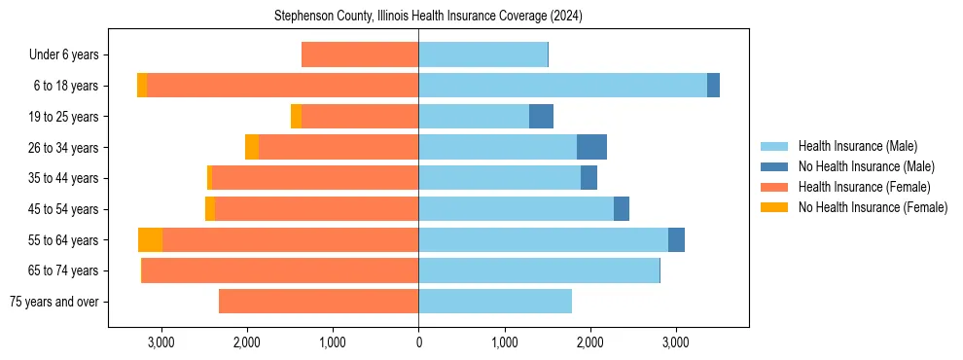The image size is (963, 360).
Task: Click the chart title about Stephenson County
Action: [x=428, y=17]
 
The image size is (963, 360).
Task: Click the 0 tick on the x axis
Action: [x=418, y=342]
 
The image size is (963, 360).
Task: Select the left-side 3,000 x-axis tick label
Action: [x=160, y=342]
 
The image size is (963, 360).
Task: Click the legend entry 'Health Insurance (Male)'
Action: [x=857, y=146]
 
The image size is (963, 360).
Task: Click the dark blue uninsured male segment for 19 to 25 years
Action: [x=541, y=117]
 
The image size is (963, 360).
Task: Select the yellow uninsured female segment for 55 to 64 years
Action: [x=150, y=240]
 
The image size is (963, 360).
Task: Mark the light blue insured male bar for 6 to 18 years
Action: [x=562, y=86]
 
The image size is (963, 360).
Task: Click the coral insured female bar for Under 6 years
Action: [x=360, y=55]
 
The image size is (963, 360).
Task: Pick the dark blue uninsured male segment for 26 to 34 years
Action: [x=591, y=148]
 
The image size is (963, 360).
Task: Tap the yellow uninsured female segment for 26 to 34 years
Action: [x=252, y=148]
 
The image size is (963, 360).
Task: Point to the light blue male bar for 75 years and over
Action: [x=495, y=302]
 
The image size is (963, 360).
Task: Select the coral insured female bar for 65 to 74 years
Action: [x=280, y=270]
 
